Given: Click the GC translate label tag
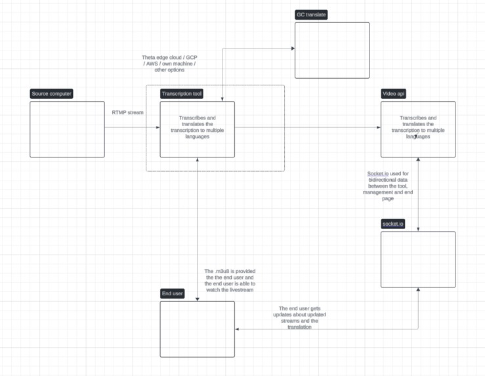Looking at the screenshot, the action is tap(311, 14).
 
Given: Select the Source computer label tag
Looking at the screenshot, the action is tap(52, 94).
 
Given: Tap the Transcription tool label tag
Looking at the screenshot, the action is tap(182, 94).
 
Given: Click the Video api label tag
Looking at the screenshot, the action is tap(393, 94).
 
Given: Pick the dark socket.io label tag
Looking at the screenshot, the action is tap(393, 224).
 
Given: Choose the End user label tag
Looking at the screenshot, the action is tap(173, 293).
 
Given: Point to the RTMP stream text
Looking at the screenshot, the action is tap(127, 113).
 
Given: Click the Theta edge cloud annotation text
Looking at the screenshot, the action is tap(169, 64).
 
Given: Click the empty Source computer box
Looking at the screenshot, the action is tap(67, 129).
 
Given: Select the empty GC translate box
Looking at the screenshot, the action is tap(332, 51).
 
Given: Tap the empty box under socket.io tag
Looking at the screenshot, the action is tap(418, 259).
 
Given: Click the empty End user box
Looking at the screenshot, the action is tap(198, 329).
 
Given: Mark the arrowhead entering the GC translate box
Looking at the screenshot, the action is tap(293, 49).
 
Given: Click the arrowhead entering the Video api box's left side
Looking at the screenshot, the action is tap(379, 127).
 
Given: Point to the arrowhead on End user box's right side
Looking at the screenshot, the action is tap(237, 329).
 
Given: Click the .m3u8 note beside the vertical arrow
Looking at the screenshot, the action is tap(230, 280).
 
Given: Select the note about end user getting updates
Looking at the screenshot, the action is tap(299, 318).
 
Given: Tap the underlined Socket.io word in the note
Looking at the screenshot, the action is tap(377, 173).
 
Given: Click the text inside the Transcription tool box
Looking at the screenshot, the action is tap(198, 127).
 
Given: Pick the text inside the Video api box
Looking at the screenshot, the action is tap(418, 127).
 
